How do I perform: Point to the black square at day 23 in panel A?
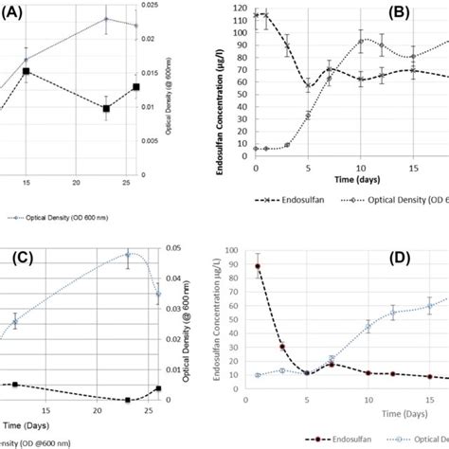coord(106,109)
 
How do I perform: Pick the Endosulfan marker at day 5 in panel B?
coord(308,87)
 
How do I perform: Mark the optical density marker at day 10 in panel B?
coord(361,41)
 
